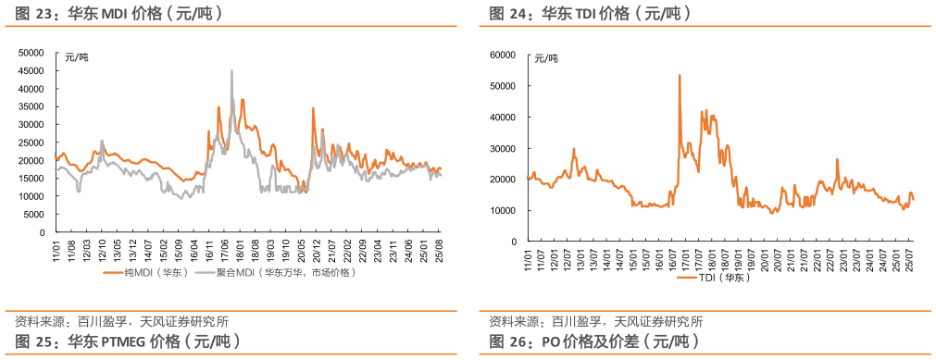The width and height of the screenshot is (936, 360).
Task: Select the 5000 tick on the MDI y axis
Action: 33,215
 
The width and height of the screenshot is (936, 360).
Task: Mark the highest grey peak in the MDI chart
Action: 231,71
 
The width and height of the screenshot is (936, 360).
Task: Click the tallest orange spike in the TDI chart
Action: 680,76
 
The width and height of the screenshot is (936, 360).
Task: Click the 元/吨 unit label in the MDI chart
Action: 77,58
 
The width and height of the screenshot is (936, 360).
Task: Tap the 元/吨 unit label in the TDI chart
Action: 547,59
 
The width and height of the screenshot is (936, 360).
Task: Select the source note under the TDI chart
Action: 596,322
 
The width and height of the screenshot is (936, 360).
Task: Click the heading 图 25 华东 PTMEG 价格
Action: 129,341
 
